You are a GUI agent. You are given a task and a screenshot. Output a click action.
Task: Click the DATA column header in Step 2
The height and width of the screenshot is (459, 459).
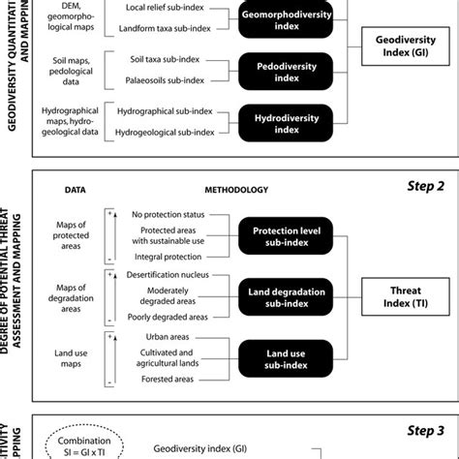point(76,190)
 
